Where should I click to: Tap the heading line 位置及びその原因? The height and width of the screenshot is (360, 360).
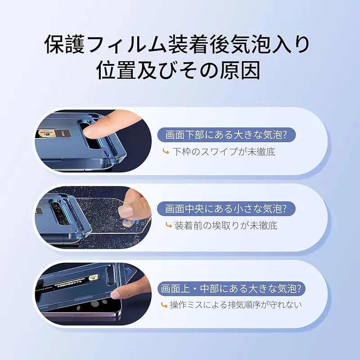pyautogui.click(x=178, y=70)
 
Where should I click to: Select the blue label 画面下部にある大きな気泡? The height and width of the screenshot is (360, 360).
pyautogui.click(x=226, y=135)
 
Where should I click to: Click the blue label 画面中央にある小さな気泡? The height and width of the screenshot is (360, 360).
pyautogui.click(x=226, y=209)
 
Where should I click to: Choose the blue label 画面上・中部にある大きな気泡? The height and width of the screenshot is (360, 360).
pyautogui.click(x=231, y=288)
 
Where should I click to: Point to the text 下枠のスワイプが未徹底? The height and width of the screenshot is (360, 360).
pyautogui.click(x=224, y=152)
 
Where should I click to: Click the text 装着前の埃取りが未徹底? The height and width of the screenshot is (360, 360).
pyautogui.click(x=226, y=226)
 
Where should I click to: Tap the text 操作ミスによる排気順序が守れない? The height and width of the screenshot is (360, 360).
pyautogui.click(x=235, y=305)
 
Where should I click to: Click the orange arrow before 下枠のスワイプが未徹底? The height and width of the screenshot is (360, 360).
pyautogui.click(x=166, y=152)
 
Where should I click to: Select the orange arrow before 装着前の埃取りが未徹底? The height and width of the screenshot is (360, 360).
pyautogui.click(x=168, y=225)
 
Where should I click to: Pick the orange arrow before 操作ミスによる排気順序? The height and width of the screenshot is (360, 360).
pyautogui.click(x=164, y=305)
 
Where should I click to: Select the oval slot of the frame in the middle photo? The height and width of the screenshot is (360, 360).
pyautogui.click(x=57, y=212)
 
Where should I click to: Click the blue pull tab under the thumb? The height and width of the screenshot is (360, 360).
pyautogui.click(x=130, y=222)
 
